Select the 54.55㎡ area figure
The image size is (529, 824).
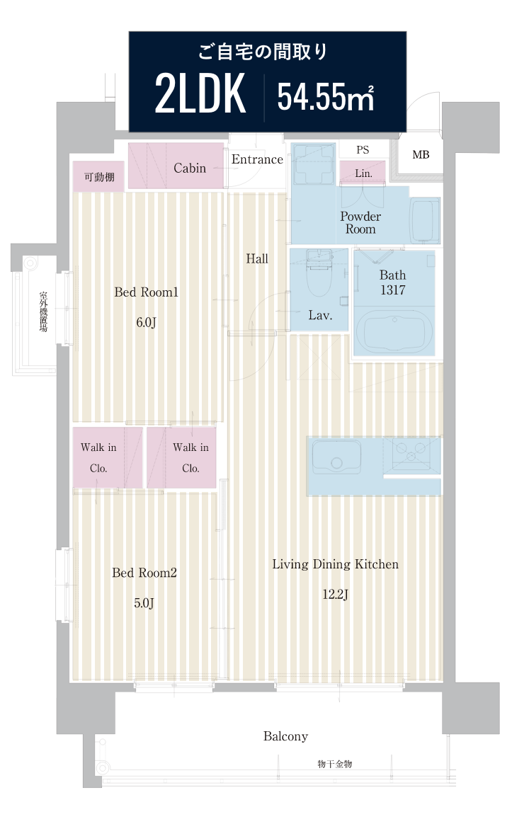click(x=326, y=97)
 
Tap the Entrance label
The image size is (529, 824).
click(x=257, y=159)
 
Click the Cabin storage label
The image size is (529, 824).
click(x=190, y=168)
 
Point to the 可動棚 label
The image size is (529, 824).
click(x=99, y=177)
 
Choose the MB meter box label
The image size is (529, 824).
click(x=421, y=155)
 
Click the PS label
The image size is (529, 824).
click(x=363, y=150)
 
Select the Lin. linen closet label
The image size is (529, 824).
click(x=363, y=173)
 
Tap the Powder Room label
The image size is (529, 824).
click(x=360, y=223)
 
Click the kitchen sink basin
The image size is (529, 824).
click(x=336, y=457)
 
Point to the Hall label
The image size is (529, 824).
click(x=257, y=258)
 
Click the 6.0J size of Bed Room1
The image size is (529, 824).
click(x=146, y=322)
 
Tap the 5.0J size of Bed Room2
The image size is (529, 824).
click(x=144, y=602)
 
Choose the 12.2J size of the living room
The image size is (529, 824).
click(x=336, y=595)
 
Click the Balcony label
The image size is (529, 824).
click(x=285, y=736)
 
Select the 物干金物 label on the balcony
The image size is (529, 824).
click(x=335, y=764)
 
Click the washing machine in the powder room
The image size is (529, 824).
click(x=314, y=164)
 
